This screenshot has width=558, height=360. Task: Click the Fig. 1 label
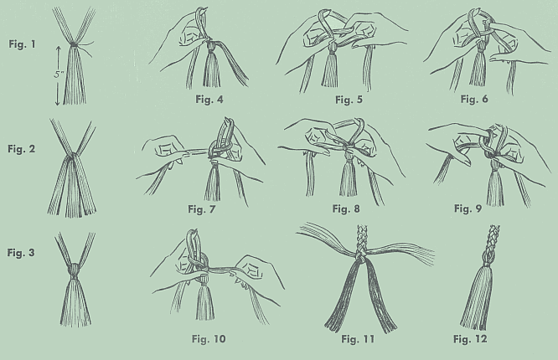point(23,44)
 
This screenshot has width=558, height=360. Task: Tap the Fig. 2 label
point(22,149)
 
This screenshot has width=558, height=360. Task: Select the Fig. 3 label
point(21,253)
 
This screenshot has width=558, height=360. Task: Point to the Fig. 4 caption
point(209,100)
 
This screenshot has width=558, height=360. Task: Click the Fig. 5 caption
point(349,100)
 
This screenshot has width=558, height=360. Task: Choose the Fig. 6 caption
point(474,99)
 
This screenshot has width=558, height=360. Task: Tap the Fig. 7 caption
point(201,209)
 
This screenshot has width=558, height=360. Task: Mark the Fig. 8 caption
point(346,208)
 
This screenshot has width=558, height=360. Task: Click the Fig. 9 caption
point(468,208)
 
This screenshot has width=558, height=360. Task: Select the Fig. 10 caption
point(209,339)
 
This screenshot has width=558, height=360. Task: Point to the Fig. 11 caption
point(358,339)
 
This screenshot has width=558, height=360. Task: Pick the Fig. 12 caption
point(470,339)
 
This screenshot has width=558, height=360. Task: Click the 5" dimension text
point(59,75)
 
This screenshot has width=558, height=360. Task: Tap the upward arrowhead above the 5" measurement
point(59,49)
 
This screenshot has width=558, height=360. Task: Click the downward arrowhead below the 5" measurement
point(58,102)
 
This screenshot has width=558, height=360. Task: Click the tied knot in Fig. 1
point(73,45)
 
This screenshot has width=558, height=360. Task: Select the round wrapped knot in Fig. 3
point(74,271)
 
